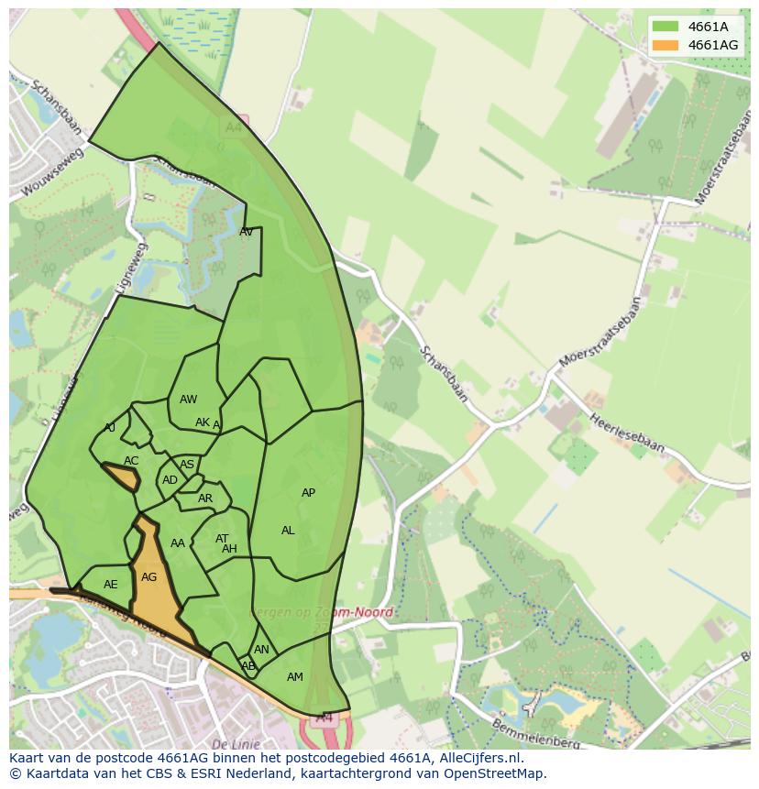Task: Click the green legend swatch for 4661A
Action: [x=665, y=27]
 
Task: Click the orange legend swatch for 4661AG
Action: [x=665, y=45]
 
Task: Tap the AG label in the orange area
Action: [x=148, y=577]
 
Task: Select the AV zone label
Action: [x=246, y=232]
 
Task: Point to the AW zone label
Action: [x=188, y=400]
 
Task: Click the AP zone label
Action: [x=308, y=493]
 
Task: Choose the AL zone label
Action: [x=288, y=531]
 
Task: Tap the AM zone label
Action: [x=294, y=677]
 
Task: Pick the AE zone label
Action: [x=111, y=585]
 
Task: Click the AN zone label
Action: [x=261, y=650]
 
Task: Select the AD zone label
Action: [x=170, y=480]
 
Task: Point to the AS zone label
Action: [x=187, y=465]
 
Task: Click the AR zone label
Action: [x=205, y=499]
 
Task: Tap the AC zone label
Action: [x=131, y=461]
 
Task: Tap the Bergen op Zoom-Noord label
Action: [x=323, y=612]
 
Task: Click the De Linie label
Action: [x=236, y=743]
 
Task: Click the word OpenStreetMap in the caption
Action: [x=491, y=773]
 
